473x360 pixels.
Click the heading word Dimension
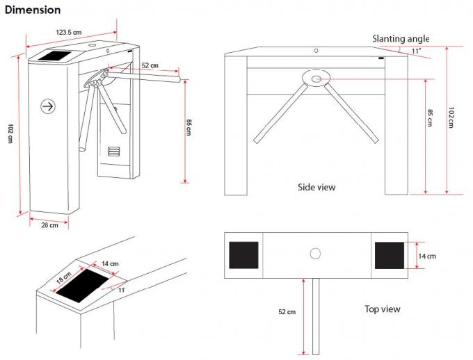[x=33, y=10]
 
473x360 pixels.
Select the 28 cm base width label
[x=49, y=224]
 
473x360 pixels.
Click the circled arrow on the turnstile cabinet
[x=48, y=106]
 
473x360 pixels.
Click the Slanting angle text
[x=401, y=39]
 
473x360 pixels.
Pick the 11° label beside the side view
[x=417, y=51]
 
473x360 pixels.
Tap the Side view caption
[x=316, y=187]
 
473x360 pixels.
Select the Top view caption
[x=383, y=309]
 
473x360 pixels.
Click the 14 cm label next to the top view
[x=426, y=256]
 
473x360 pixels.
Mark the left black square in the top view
[x=243, y=255]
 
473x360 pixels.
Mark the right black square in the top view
[x=390, y=255]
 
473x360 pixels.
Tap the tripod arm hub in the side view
[x=316, y=79]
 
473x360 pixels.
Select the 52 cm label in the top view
[x=286, y=312]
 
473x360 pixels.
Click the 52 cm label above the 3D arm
[x=150, y=65]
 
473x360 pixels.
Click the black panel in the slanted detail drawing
[x=83, y=286]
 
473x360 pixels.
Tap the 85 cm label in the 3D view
[x=189, y=130]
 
